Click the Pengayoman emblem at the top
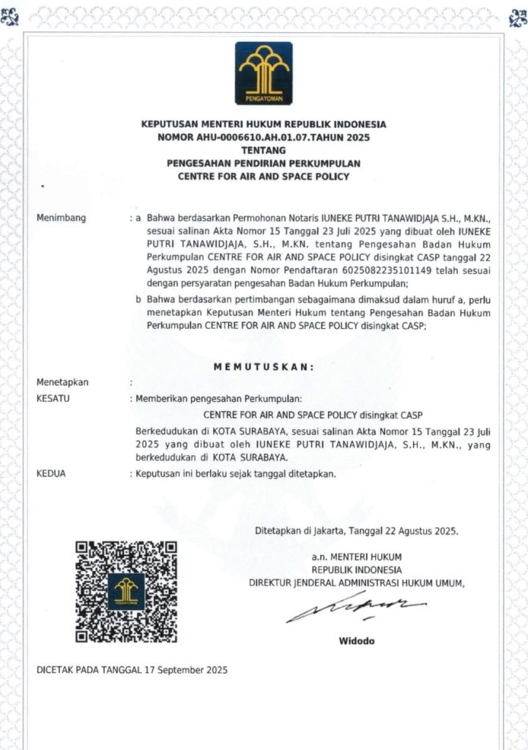pyautogui.click(x=264, y=73)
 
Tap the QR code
pyautogui.click(x=126, y=591)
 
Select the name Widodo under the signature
pyautogui.click(x=356, y=641)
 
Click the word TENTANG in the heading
pyautogui.click(x=264, y=150)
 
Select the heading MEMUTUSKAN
pyautogui.click(x=264, y=368)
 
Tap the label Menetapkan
pyautogui.click(x=62, y=382)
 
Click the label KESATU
pyautogui.click(x=52, y=398)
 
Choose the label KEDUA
pyautogui.click(x=51, y=474)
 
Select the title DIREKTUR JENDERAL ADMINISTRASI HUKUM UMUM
pyautogui.click(x=357, y=583)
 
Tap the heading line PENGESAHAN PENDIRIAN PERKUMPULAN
pyautogui.click(x=264, y=163)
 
